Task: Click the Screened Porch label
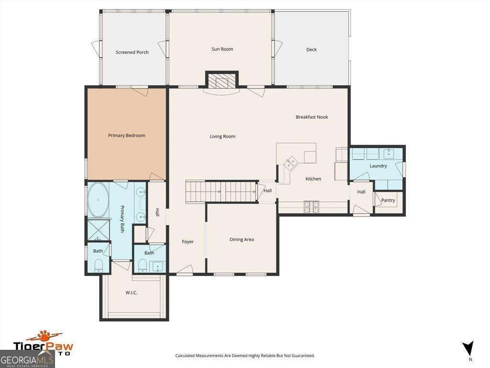pyautogui.click(x=132, y=52)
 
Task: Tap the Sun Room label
pyautogui.click(x=222, y=49)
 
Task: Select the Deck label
pyautogui.click(x=311, y=49)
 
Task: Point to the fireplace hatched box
pyautogui.click(x=222, y=80)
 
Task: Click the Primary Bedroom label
pyautogui.click(x=126, y=136)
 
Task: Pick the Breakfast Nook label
pyautogui.click(x=312, y=117)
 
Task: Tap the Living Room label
pyautogui.click(x=223, y=137)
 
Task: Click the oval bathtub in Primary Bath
pyautogui.click(x=98, y=200)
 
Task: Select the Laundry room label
pyautogui.click(x=378, y=166)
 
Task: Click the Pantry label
pyautogui.click(x=388, y=200)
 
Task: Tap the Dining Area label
pyautogui.click(x=242, y=240)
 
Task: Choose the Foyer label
pyautogui.click(x=188, y=241)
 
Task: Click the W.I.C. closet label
pyautogui.click(x=131, y=293)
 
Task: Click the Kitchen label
pyautogui.click(x=313, y=179)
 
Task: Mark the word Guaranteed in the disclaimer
pyautogui.click(x=302, y=356)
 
